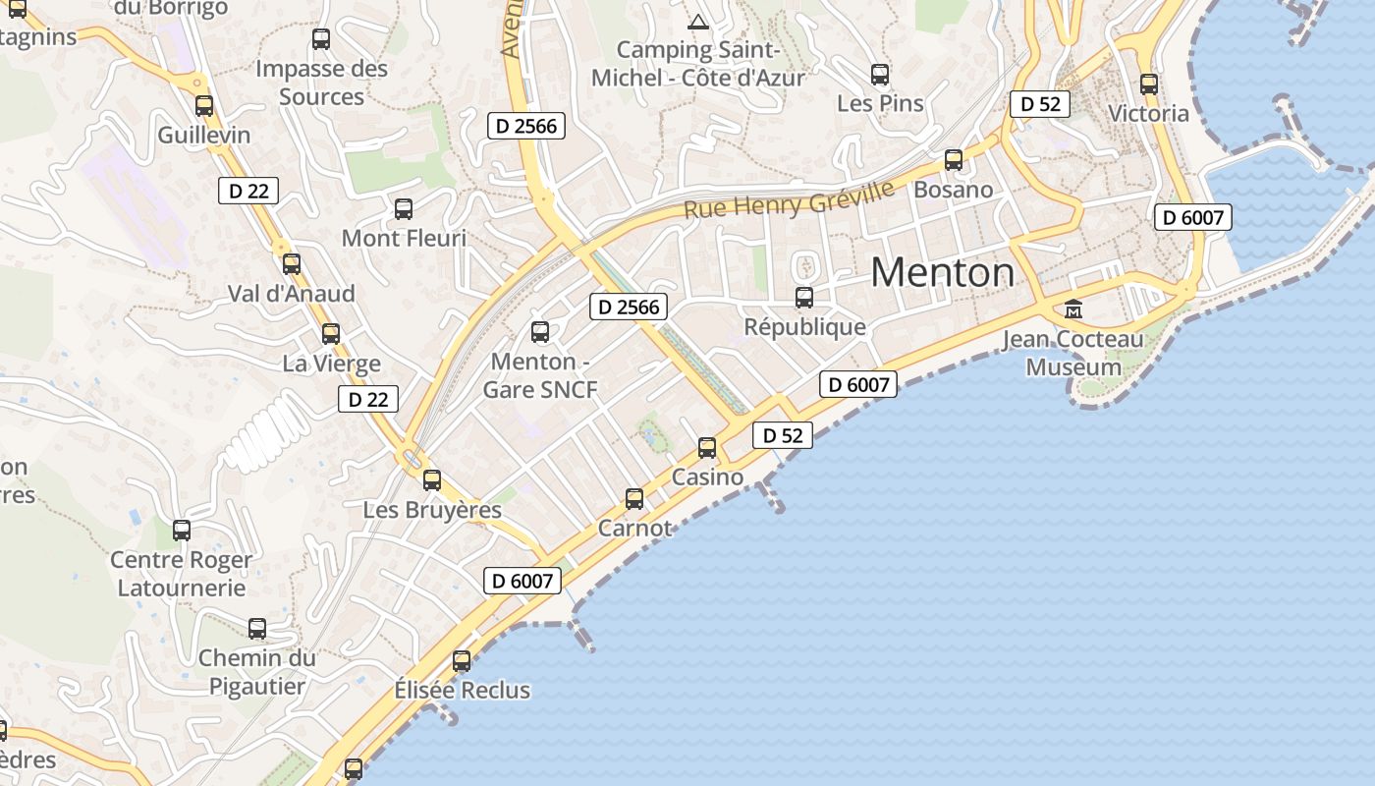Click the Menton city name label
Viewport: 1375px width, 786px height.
tap(942, 272)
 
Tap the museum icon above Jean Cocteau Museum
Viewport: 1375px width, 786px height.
tap(1073, 309)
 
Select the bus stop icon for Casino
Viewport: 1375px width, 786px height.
tap(706, 448)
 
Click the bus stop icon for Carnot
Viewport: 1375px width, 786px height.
tap(634, 499)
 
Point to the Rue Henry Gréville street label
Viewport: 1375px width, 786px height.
tap(789, 199)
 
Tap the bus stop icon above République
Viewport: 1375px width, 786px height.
tap(804, 297)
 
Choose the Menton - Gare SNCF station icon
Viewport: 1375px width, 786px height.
tap(539, 332)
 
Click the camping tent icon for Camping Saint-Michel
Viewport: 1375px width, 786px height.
tap(697, 22)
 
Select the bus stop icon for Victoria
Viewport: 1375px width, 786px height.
tap(1148, 84)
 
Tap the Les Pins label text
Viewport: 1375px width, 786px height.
tap(880, 103)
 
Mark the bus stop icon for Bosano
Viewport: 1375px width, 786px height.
tap(953, 160)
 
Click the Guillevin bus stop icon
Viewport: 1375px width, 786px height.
tap(203, 106)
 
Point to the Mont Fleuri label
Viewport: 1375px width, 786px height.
tap(404, 238)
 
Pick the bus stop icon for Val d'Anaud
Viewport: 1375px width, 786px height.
tap(291, 264)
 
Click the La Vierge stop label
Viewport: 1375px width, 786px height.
tap(331, 364)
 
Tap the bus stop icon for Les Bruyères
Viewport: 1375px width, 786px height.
tap(432, 480)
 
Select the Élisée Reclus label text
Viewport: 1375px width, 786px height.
tap(462, 690)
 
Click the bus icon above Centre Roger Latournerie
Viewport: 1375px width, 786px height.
tap(182, 531)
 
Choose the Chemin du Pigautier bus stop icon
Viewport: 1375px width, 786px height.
tap(257, 629)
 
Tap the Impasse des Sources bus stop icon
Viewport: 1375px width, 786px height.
tap(320, 39)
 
